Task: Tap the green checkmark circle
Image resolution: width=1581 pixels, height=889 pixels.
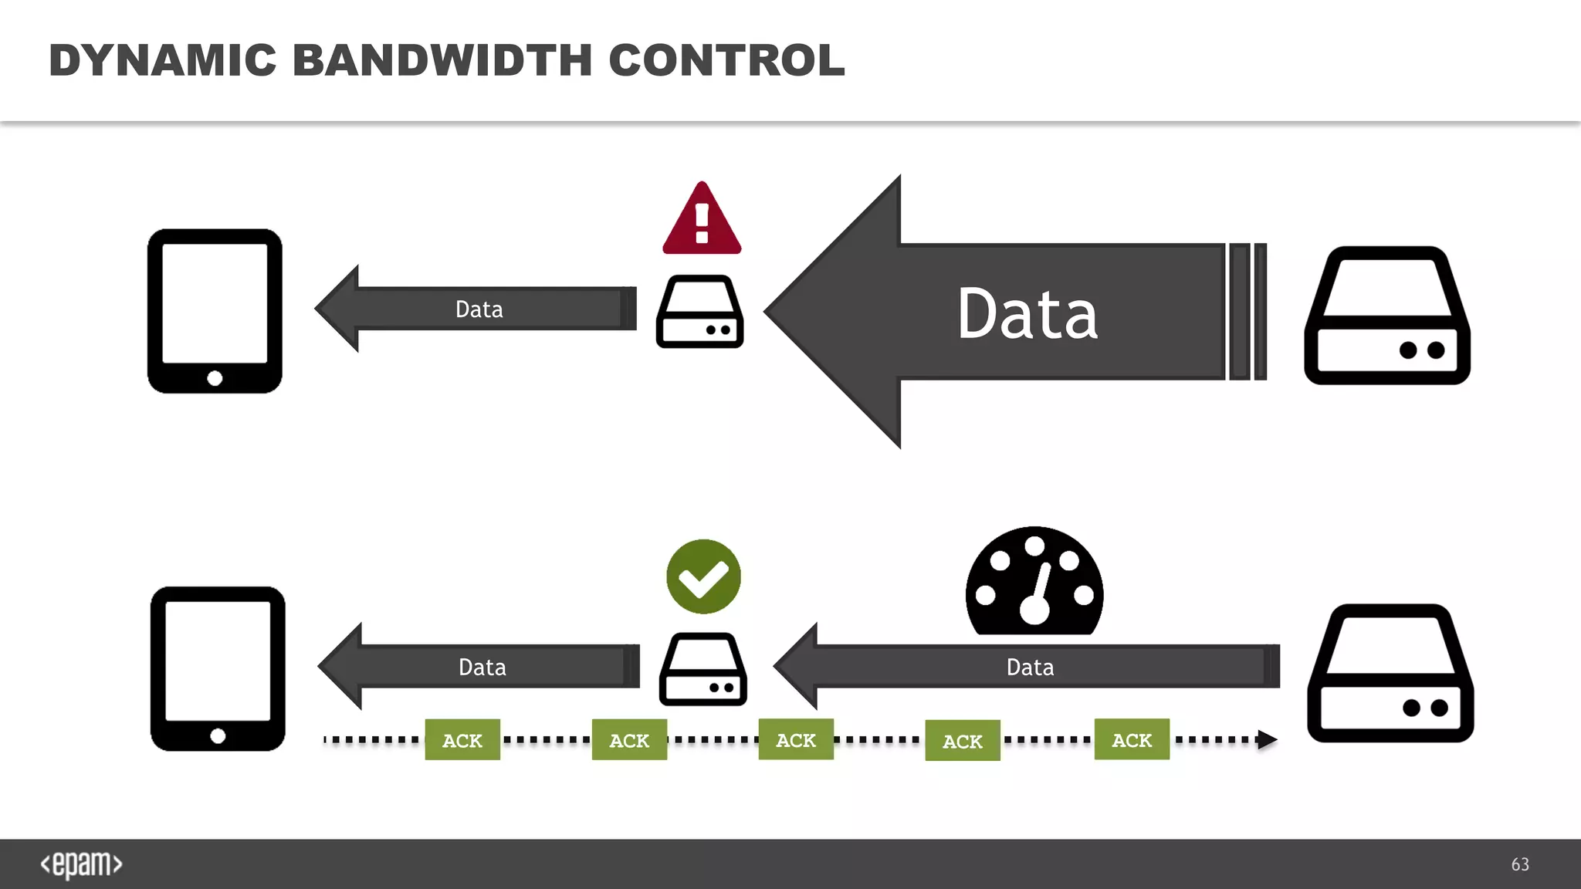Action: click(x=703, y=576)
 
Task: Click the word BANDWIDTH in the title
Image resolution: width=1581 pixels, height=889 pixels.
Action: click(x=442, y=60)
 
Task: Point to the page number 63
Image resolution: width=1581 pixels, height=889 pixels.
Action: click(x=1520, y=864)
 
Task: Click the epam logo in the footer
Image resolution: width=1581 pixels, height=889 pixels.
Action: click(x=82, y=864)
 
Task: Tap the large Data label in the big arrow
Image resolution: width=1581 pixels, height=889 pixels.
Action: click(x=1027, y=314)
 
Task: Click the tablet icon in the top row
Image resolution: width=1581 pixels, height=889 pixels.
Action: click(x=215, y=311)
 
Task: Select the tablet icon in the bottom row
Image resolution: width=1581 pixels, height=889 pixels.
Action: click(x=218, y=668)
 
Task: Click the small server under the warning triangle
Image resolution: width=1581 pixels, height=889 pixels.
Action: click(x=700, y=312)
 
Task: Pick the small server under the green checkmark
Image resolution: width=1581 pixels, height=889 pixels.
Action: click(x=703, y=669)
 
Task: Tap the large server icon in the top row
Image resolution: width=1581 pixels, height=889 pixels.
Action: click(x=1387, y=316)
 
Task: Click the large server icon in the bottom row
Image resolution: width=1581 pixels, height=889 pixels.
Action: click(x=1390, y=673)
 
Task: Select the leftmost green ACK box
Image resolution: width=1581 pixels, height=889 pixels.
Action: click(x=462, y=740)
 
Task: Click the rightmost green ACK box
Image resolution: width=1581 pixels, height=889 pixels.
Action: click(x=1132, y=739)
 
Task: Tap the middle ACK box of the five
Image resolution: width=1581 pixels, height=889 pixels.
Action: click(x=796, y=739)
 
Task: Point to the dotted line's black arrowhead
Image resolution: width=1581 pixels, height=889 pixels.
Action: click(x=1266, y=739)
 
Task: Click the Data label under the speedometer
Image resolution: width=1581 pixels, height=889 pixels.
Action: click(x=1030, y=667)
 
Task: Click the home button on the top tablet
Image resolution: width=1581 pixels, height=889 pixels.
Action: click(x=215, y=378)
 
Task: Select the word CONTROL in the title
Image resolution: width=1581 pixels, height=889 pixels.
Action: click(x=726, y=60)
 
